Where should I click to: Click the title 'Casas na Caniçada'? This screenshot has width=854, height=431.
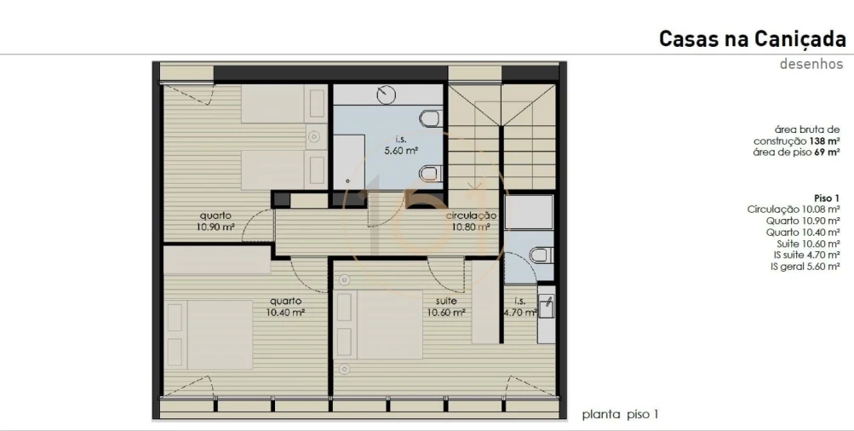(x=752, y=39)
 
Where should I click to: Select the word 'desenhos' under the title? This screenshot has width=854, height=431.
(x=811, y=64)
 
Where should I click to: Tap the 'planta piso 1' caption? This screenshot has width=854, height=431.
(x=620, y=415)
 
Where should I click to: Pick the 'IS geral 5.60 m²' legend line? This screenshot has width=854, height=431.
(x=805, y=267)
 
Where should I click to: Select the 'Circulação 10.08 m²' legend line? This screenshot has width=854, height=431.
(x=794, y=209)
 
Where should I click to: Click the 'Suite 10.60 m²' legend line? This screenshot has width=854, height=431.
(x=806, y=244)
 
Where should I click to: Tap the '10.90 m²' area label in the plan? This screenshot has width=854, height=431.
(x=215, y=227)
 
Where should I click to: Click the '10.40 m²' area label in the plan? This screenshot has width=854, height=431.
(x=286, y=313)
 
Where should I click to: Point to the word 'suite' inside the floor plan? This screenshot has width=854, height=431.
(x=445, y=301)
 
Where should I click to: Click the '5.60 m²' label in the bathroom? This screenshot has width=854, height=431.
(x=399, y=151)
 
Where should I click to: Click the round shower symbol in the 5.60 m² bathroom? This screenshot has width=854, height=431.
(x=388, y=93)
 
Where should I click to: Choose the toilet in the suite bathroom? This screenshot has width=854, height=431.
(x=540, y=255)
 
